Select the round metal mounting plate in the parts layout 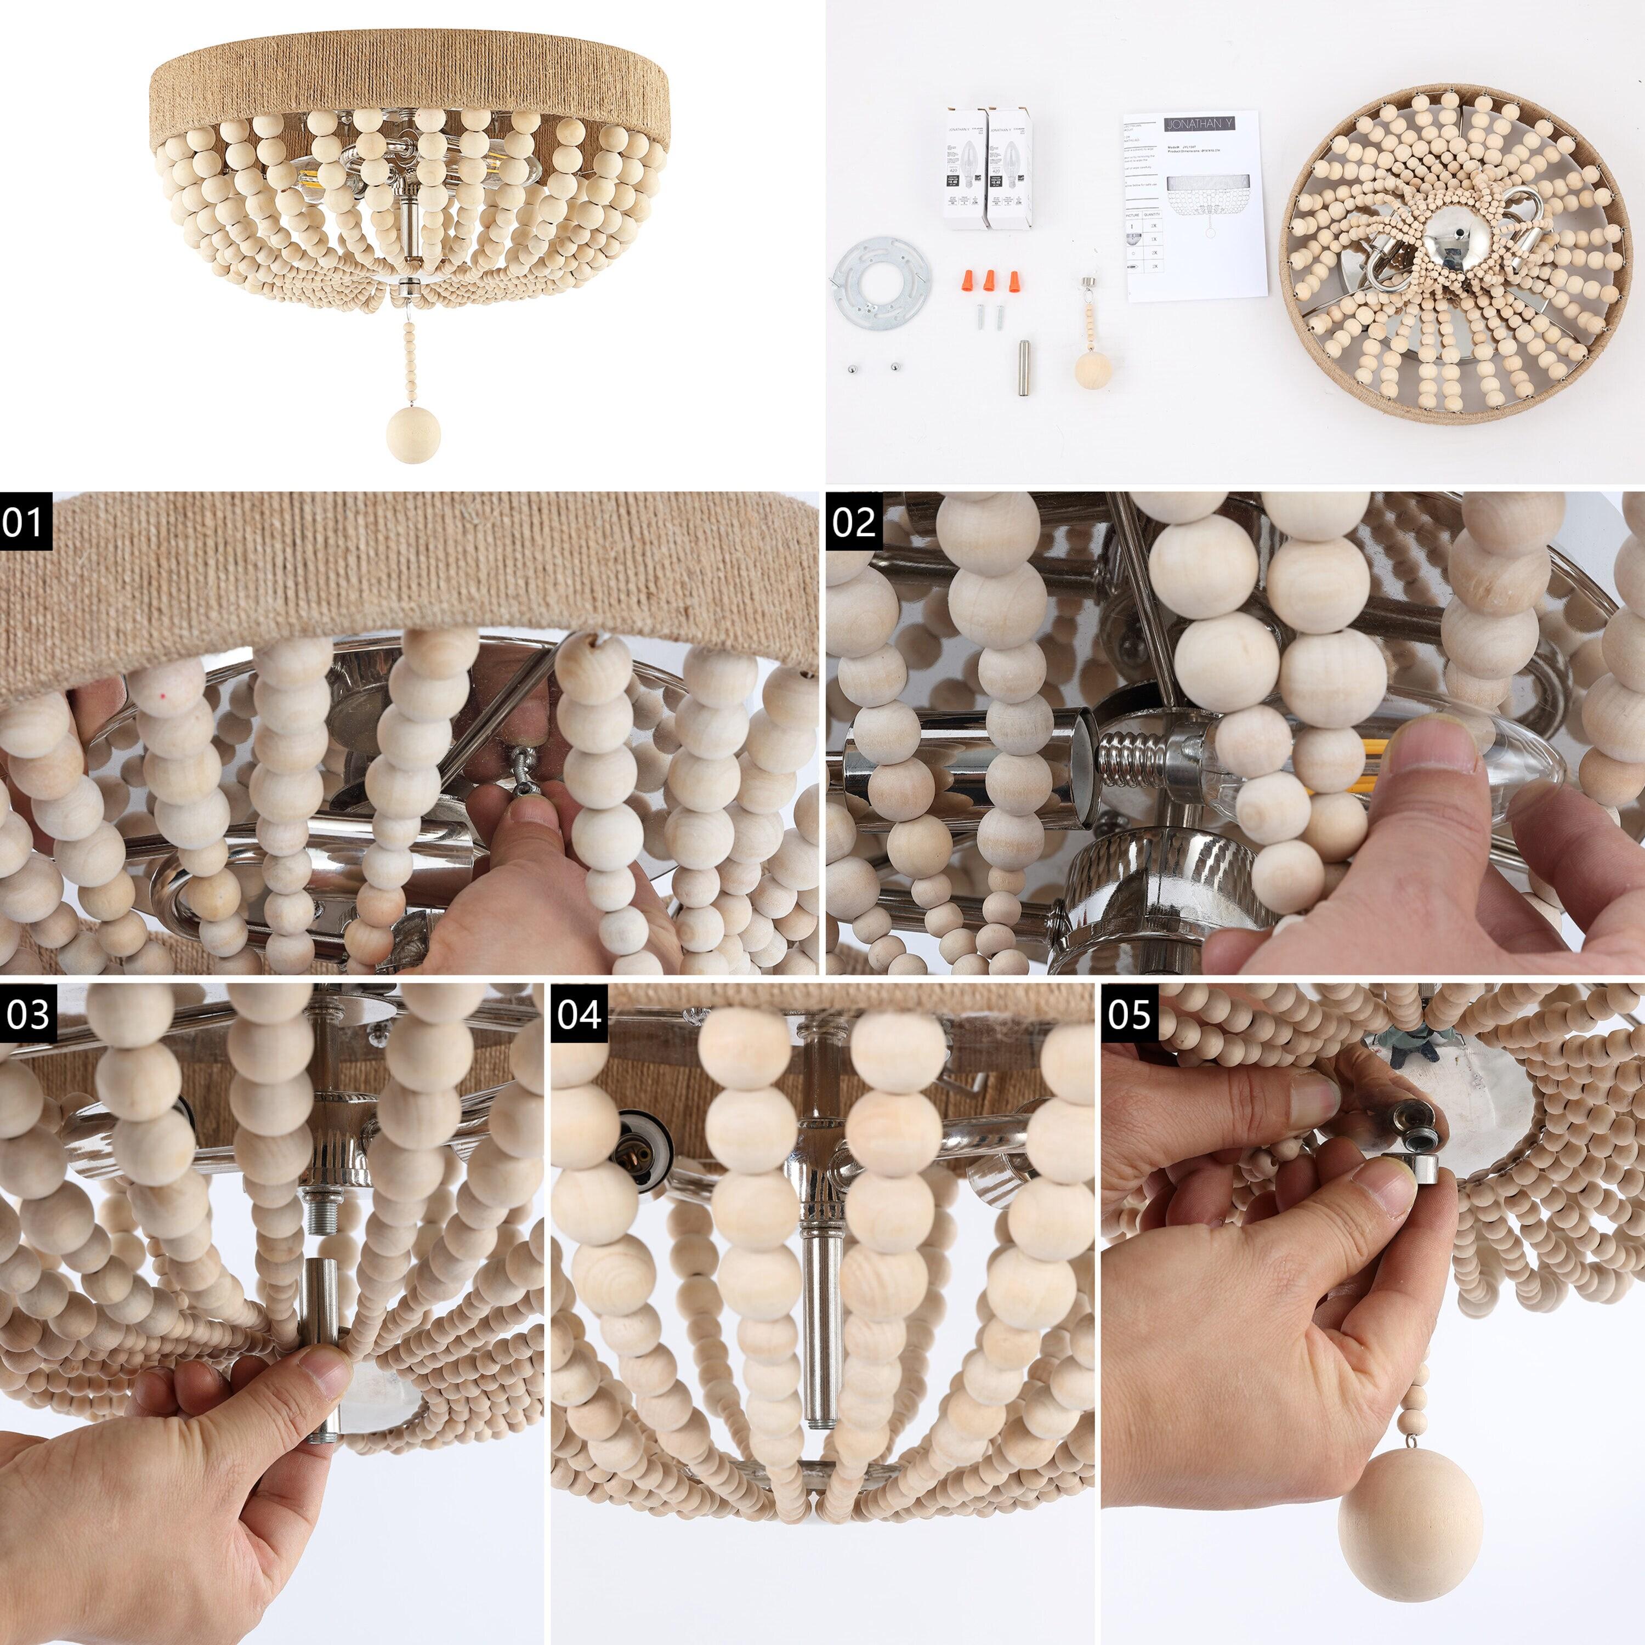click(x=881, y=279)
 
